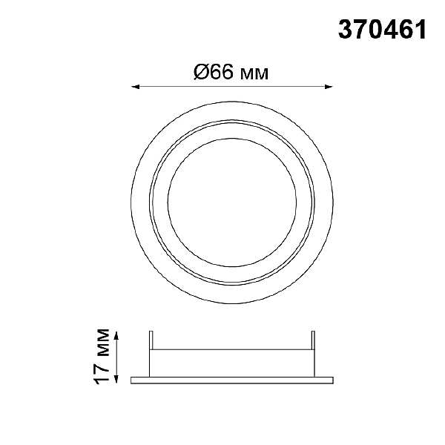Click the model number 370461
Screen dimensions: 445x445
[382, 30]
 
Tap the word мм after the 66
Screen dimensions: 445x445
[254, 73]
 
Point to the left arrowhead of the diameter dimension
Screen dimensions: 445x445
[135, 87]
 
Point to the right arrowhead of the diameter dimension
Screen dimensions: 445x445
[329, 87]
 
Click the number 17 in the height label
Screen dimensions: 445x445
[102, 372]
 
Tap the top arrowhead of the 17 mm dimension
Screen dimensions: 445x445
[116, 336]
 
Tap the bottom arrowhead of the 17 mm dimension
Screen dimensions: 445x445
[116, 379]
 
